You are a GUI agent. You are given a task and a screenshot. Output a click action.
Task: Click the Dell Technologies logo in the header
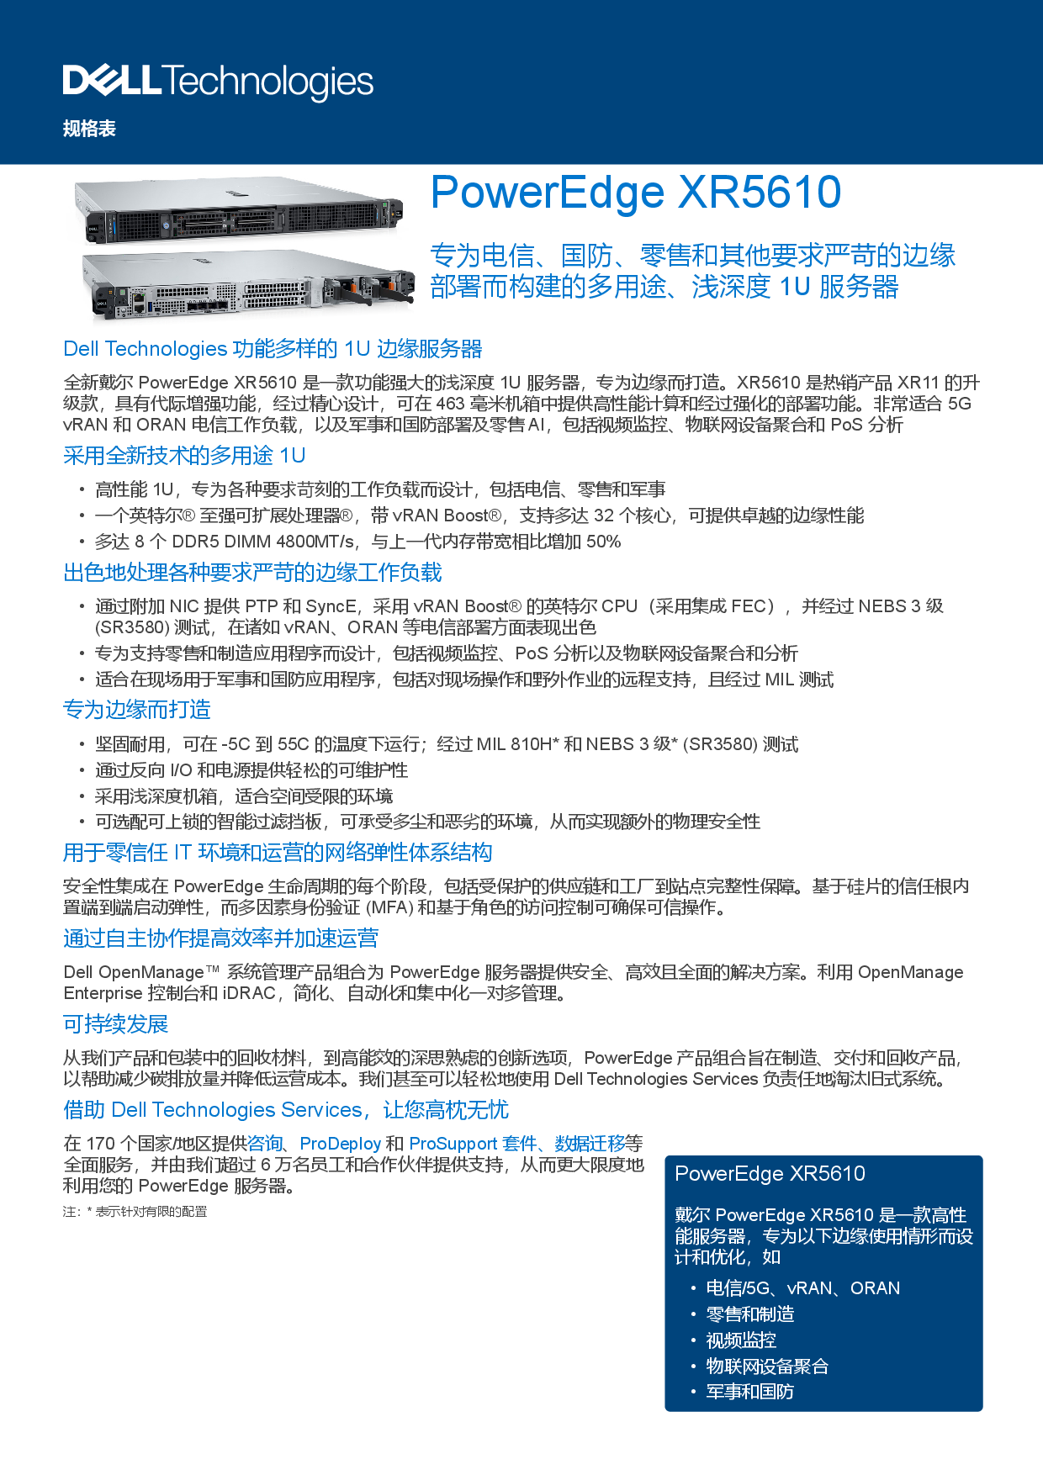tap(218, 82)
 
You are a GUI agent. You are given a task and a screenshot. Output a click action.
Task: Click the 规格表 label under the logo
tap(89, 129)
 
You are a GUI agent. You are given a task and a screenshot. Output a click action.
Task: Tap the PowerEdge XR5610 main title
tap(636, 193)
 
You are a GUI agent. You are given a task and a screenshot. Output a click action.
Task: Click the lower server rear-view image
tap(249, 285)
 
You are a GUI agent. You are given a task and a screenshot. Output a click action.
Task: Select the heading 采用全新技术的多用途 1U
tap(184, 456)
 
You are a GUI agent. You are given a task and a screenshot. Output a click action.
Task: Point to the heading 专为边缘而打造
tap(137, 710)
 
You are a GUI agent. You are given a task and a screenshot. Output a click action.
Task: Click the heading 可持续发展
tap(116, 1024)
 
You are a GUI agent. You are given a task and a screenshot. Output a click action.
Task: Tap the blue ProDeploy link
tap(341, 1144)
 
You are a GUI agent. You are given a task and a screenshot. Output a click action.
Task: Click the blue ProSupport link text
tap(453, 1144)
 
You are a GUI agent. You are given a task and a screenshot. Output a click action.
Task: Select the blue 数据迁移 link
tap(590, 1144)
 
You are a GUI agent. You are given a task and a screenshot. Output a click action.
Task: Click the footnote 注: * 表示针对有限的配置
tap(135, 1212)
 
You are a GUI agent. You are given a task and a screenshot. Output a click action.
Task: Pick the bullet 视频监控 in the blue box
tap(741, 1340)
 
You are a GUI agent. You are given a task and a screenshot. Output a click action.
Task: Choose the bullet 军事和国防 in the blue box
tap(750, 1392)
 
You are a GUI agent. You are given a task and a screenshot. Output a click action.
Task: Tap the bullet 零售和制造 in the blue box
tap(750, 1314)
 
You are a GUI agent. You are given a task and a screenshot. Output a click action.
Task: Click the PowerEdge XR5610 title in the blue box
tap(770, 1174)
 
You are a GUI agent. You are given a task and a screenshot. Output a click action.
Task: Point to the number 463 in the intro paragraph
tap(451, 404)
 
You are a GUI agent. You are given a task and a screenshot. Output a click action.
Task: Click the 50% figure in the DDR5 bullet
tap(603, 542)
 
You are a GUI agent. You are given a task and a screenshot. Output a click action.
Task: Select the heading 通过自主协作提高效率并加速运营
tap(220, 938)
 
